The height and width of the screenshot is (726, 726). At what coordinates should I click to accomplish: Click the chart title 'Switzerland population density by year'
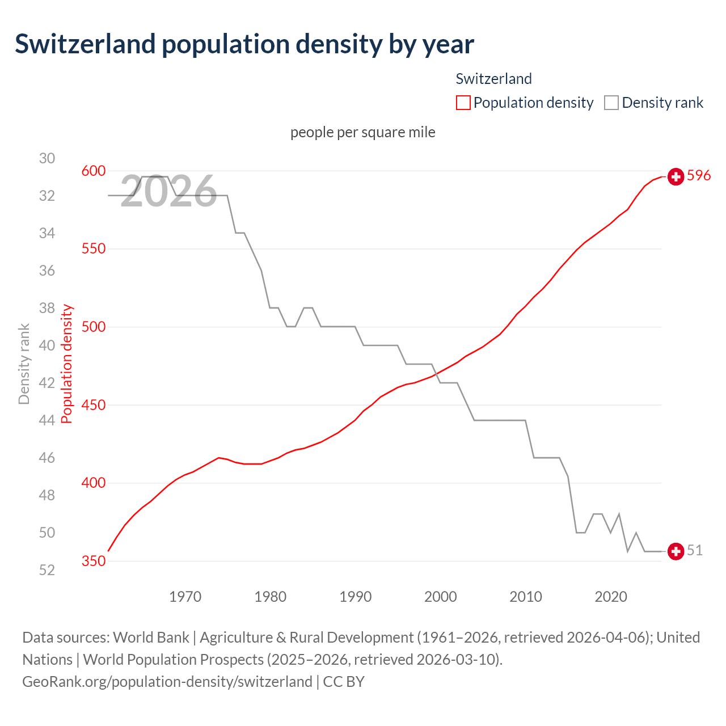[x=244, y=44]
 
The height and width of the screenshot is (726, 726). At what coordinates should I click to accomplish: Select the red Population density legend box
[x=463, y=103]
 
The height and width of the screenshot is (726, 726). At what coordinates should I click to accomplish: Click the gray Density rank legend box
[x=611, y=103]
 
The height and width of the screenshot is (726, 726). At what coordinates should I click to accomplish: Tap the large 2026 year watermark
[x=168, y=192]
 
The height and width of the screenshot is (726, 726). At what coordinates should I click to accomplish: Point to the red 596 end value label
[x=699, y=176]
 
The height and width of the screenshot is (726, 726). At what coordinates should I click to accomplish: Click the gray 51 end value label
[x=695, y=551]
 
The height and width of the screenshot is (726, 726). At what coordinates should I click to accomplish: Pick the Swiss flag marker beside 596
[x=676, y=177]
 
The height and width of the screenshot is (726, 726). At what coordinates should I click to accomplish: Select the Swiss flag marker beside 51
[x=676, y=551]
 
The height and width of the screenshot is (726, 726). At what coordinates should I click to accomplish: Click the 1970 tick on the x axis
[x=185, y=597]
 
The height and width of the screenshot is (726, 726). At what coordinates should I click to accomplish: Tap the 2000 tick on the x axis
[x=441, y=597]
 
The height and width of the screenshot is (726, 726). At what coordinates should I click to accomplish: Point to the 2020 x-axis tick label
[x=611, y=597]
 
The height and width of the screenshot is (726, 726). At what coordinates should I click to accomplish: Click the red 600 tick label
[x=94, y=171]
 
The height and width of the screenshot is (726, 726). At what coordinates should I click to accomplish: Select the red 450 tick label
[x=94, y=405]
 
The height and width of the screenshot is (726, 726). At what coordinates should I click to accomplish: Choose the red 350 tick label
[x=94, y=561]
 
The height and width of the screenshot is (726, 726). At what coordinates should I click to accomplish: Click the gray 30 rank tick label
[x=47, y=158]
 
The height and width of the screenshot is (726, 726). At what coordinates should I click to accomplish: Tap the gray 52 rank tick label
[x=47, y=570]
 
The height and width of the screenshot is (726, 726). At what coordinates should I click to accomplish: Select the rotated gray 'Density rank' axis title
[x=24, y=364]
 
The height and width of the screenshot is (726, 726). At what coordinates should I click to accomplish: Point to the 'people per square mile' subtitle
[x=363, y=132]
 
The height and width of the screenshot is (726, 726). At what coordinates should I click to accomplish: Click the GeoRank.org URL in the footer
[x=167, y=681]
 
